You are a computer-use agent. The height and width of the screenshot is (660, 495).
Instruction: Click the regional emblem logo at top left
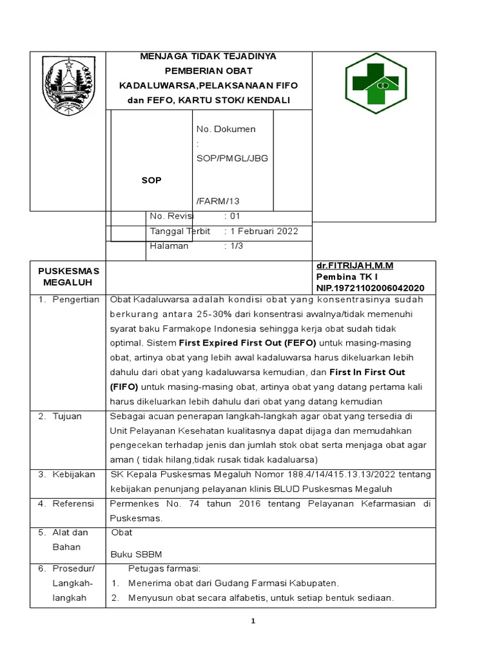(x=68, y=81)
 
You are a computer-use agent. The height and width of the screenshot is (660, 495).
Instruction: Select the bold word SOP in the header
(x=152, y=180)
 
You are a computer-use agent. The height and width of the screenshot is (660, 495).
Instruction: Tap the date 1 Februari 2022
(x=261, y=231)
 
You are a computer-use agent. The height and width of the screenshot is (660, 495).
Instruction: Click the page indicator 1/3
(x=234, y=246)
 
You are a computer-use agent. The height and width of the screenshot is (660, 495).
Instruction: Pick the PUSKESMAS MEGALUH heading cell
(x=68, y=277)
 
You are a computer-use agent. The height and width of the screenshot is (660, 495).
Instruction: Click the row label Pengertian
(x=75, y=300)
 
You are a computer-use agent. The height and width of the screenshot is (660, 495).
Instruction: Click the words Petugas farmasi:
(x=165, y=568)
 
